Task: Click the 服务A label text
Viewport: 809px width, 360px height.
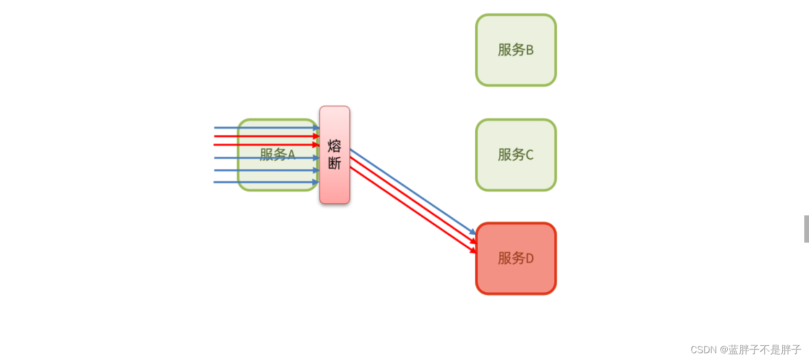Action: tap(277, 155)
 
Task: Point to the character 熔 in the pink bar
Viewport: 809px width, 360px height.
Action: tap(335, 146)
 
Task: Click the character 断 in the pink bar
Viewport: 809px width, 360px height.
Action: tap(335, 163)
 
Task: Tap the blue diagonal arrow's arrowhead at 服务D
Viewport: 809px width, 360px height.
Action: tap(473, 232)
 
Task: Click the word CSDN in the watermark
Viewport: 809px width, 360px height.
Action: tap(703, 350)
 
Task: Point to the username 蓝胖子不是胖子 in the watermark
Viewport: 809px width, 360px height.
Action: tap(765, 350)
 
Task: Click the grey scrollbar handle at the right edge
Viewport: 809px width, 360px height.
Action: tap(806, 228)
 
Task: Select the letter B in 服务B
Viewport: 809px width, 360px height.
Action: tap(529, 50)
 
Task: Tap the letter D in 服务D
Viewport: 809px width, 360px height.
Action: tap(529, 258)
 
